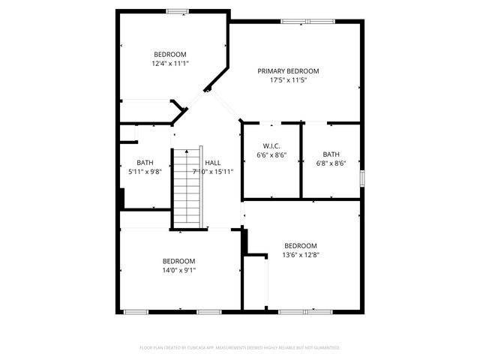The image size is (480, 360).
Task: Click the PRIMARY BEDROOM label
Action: tap(288, 71)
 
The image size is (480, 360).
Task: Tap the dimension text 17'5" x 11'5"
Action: tap(288, 79)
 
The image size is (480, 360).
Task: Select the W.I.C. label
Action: tap(271, 145)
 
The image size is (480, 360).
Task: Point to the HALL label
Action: tap(213, 163)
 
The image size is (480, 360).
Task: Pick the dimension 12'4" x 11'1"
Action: tap(170, 63)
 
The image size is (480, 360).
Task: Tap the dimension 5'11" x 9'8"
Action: tap(144, 171)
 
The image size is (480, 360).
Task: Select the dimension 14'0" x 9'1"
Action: tap(178, 270)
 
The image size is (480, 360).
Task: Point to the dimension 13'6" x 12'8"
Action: tap(300, 254)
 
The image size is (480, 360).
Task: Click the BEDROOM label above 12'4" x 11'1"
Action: tap(170, 54)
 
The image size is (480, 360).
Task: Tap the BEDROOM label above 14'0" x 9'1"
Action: tap(178, 261)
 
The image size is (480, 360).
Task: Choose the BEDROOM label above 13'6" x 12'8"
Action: tap(300, 245)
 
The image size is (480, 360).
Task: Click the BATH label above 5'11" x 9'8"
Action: tap(145, 163)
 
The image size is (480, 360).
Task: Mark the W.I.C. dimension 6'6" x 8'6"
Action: tap(271, 154)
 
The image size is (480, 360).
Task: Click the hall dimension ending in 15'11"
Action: tap(214, 171)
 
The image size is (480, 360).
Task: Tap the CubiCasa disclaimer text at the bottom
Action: tap(240, 348)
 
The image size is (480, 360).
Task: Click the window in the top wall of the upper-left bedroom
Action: tap(177, 10)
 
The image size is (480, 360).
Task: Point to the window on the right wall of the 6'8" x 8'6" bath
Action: tap(361, 178)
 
